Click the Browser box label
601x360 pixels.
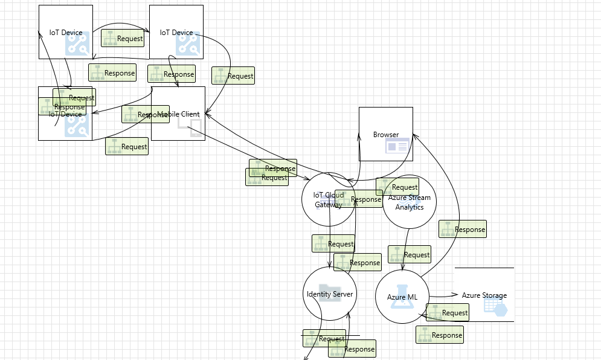385,135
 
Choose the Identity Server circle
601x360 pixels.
329,294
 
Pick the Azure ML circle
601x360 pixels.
402,297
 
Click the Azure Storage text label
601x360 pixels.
484,295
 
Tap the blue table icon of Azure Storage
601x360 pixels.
494,306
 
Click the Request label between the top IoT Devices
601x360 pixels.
123,39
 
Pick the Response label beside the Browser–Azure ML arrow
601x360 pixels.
462,230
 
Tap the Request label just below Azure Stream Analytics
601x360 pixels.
410,255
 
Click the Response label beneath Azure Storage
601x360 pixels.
439,335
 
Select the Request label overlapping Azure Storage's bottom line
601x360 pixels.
447,313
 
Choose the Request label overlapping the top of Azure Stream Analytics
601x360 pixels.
397,187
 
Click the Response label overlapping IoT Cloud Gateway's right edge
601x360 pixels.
359,199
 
